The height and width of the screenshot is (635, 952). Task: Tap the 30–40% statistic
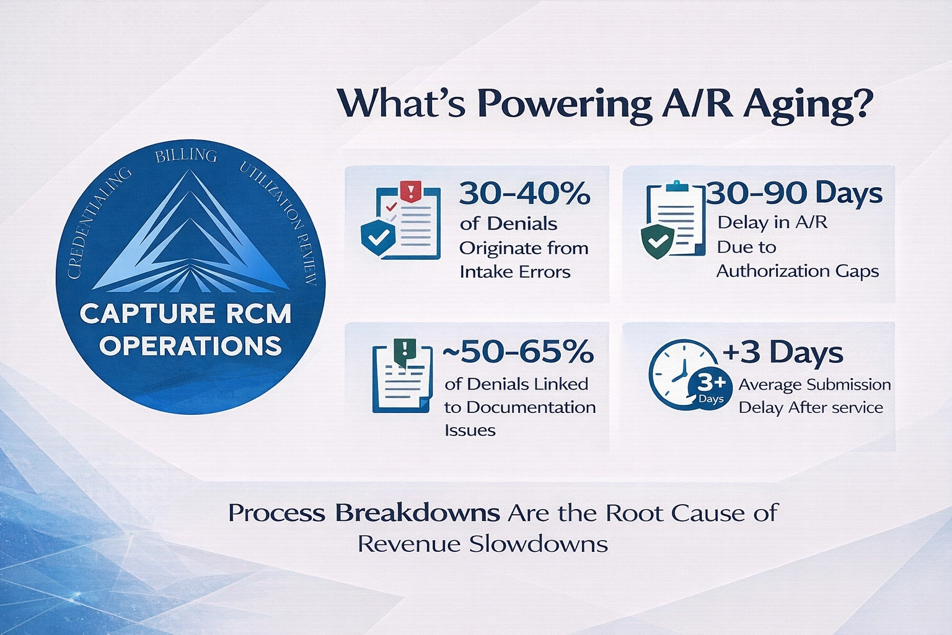(x=524, y=193)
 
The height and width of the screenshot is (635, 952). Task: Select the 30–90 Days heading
(x=795, y=193)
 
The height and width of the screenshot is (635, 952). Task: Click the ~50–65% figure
(x=518, y=352)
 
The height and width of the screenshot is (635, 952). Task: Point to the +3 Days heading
(x=782, y=352)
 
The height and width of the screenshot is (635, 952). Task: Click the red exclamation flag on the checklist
(x=411, y=190)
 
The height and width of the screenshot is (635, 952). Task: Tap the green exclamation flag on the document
(x=403, y=349)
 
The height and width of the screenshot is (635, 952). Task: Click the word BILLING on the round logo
(x=186, y=155)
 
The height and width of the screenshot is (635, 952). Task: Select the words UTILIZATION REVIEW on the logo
(x=282, y=220)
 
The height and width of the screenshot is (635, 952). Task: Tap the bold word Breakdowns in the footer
(x=417, y=513)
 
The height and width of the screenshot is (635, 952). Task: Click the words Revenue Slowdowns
(x=482, y=544)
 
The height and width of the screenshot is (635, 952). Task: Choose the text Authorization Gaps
(x=797, y=271)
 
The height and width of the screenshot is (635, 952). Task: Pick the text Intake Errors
(x=514, y=272)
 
